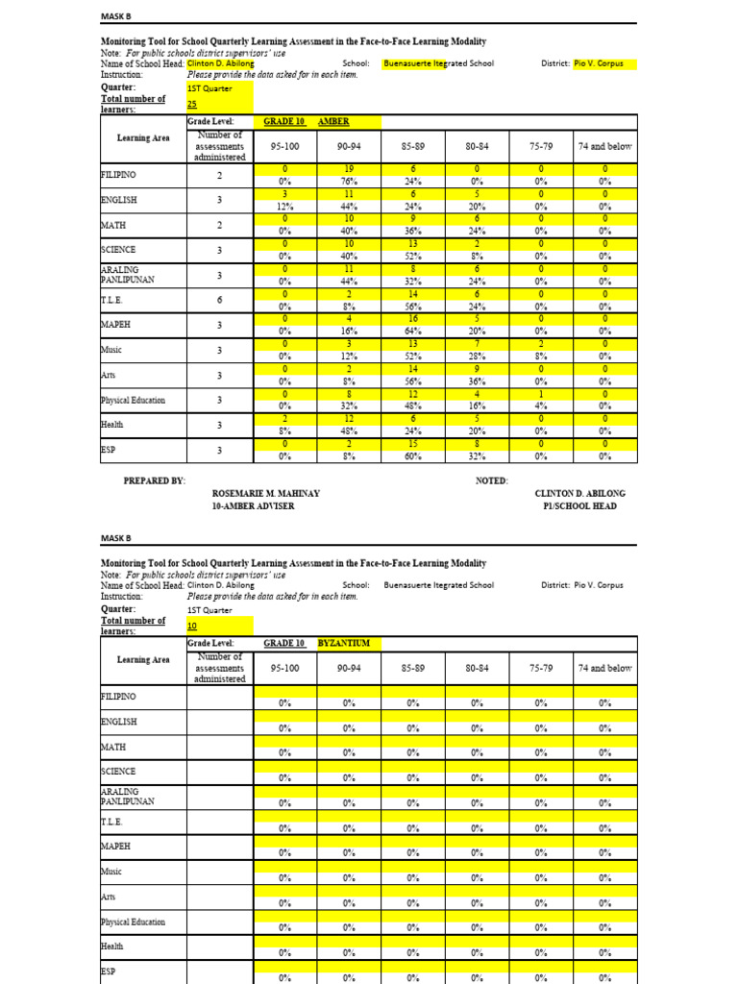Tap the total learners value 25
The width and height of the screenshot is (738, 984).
point(191,104)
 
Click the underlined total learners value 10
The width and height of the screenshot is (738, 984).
point(191,626)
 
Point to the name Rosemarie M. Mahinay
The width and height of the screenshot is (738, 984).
point(265,493)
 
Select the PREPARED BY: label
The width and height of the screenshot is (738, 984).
point(155,480)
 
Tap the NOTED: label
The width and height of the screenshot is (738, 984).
point(492,480)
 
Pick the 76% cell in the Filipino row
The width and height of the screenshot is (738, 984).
point(349,181)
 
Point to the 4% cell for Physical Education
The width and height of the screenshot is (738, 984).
point(541,405)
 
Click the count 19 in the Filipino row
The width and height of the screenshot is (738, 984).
point(349,169)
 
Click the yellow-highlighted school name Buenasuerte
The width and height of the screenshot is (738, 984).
point(439,64)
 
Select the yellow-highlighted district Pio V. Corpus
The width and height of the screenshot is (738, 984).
point(598,64)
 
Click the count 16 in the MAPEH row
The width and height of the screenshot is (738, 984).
point(412,319)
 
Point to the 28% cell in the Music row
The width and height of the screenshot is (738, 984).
point(477,356)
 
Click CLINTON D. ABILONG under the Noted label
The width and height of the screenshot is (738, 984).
point(579,493)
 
